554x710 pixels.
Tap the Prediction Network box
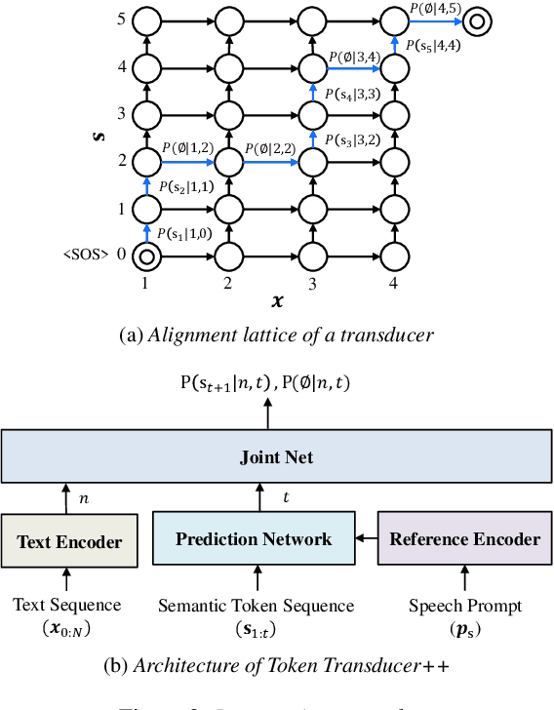(253, 538)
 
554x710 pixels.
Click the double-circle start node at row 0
(145, 257)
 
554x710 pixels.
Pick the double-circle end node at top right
(477, 20)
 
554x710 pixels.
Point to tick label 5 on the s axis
(121, 20)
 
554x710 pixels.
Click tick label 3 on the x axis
(311, 283)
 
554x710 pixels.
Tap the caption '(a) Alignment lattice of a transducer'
(276, 335)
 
